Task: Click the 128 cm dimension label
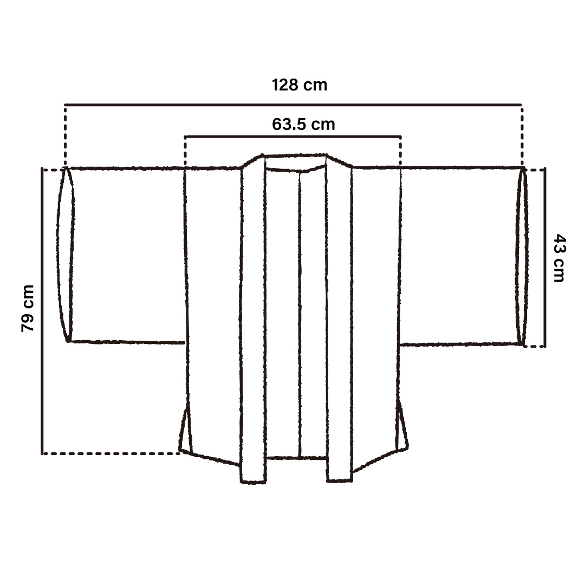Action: click(x=299, y=85)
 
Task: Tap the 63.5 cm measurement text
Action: click(x=303, y=124)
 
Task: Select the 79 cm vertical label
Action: click(x=28, y=308)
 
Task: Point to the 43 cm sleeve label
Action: click(x=558, y=258)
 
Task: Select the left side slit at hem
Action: click(x=185, y=431)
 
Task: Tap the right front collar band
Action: click(x=339, y=319)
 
